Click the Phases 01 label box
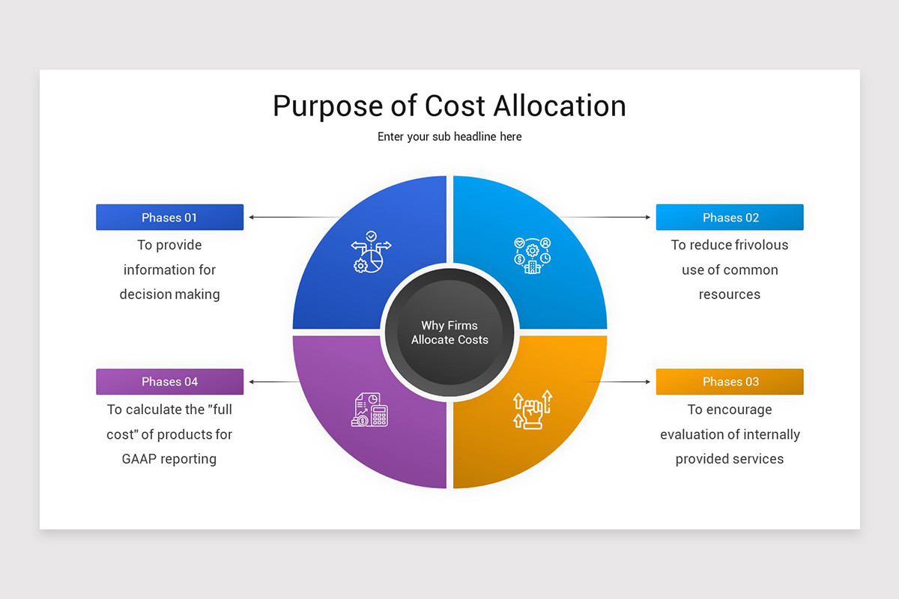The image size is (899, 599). pyautogui.click(x=169, y=217)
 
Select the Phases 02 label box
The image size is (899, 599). pyautogui.click(x=730, y=217)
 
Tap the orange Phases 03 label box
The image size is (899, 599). pyautogui.click(x=730, y=382)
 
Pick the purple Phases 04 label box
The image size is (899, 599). pyautogui.click(x=169, y=382)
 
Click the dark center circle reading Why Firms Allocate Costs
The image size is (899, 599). pyautogui.click(x=449, y=332)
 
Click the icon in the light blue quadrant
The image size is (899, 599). pyautogui.click(x=532, y=255)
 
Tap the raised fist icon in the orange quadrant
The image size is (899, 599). pyautogui.click(x=532, y=410)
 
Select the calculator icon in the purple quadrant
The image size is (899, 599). pyautogui.click(x=371, y=410)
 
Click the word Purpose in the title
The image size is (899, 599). pyautogui.click(x=327, y=106)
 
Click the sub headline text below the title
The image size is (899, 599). pyautogui.click(x=449, y=137)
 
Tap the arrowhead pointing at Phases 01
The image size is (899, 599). pyautogui.click(x=252, y=217)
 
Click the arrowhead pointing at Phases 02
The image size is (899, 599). pyautogui.click(x=648, y=217)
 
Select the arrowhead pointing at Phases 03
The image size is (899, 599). pyautogui.click(x=648, y=382)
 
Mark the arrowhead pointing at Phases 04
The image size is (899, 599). pyautogui.click(x=252, y=382)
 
